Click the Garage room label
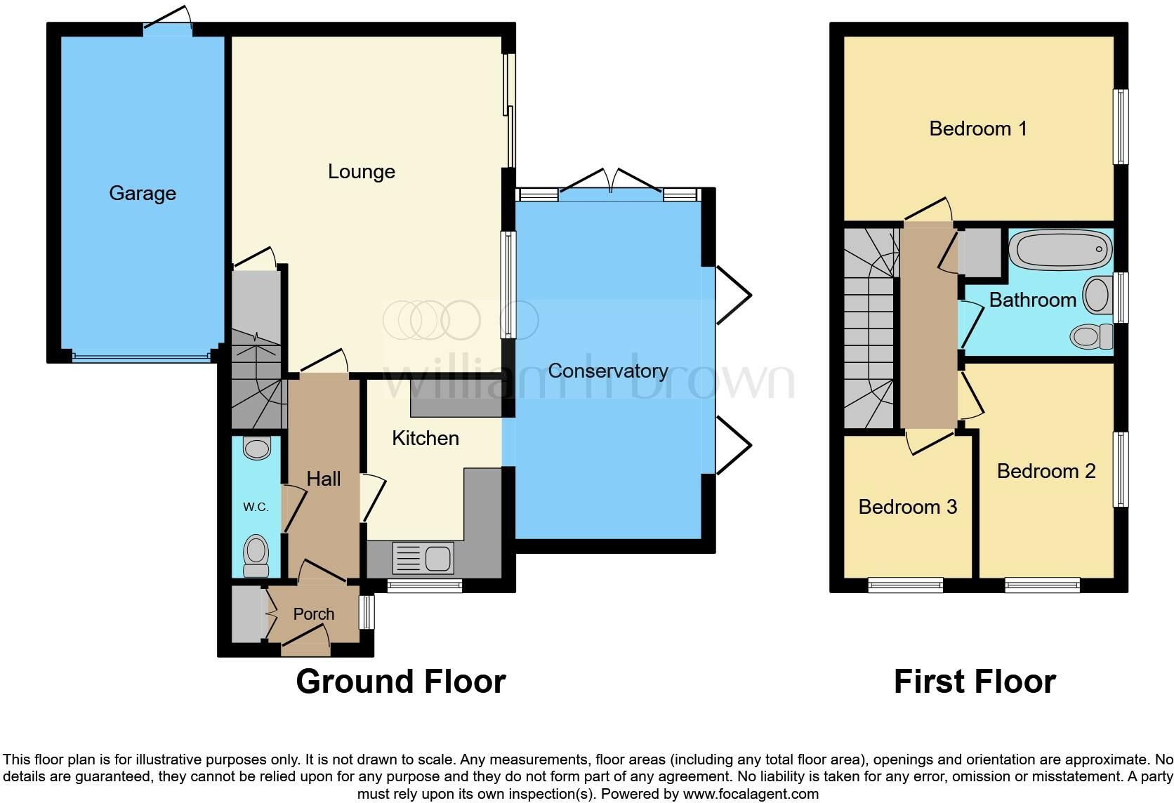coord(143,193)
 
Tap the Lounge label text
coord(361,171)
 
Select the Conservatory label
coord(607,371)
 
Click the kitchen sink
coord(423,559)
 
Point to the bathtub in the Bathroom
coord(1060,249)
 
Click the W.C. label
coord(256,507)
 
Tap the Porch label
coord(313,614)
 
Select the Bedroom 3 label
coord(907,507)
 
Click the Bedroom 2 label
coord(1046,471)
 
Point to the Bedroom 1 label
coord(977,128)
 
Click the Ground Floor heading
coord(400,682)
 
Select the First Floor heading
coord(974,682)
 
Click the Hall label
coord(323,479)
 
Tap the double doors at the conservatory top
coord(610,184)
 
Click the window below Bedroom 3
coord(905,585)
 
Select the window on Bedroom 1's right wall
coord(1121,127)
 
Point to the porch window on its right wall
coord(366,612)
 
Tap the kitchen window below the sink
coord(424,585)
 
